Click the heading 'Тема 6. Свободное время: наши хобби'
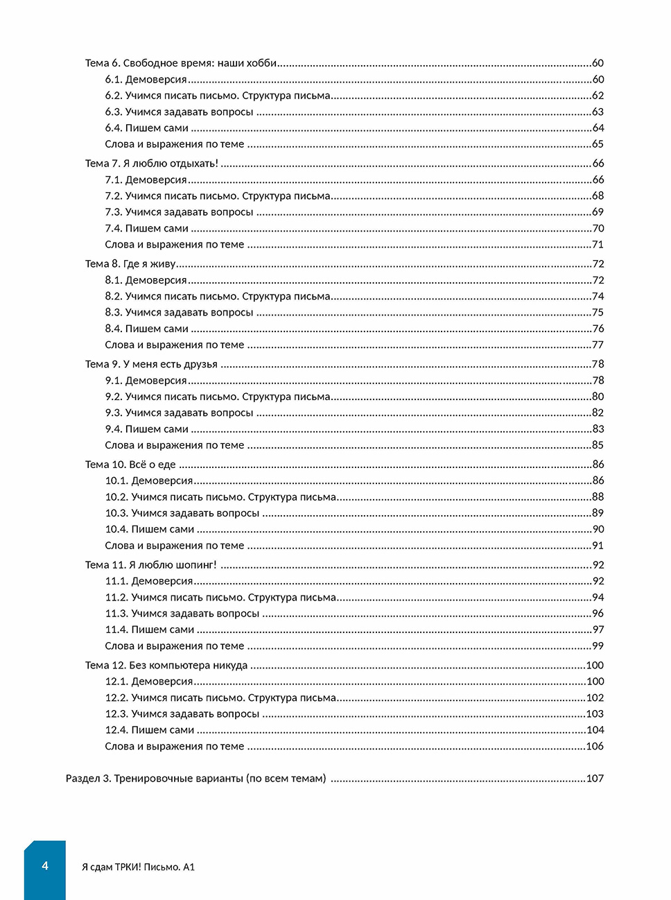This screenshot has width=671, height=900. click(x=180, y=63)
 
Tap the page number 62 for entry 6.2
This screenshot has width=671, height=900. click(x=598, y=96)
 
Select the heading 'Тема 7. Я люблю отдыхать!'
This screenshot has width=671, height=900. click(x=151, y=164)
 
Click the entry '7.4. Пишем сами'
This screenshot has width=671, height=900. click(x=146, y=228)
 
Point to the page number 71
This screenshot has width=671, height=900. click(x=598, y=245)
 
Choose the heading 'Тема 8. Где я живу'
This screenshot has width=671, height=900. click(x=130, y=264)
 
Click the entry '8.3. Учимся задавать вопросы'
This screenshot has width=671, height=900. click(x=179, y=313)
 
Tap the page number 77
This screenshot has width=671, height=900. click(x=598, y=345)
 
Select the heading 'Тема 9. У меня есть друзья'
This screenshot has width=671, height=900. click(x=151, y=364)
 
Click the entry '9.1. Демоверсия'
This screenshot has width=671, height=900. click(x=146, y=381)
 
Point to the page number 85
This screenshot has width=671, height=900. click(x=598, y=445)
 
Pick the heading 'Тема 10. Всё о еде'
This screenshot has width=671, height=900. click(x=130, y=465)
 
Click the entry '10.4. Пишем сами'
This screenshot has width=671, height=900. click(x=149, y=529)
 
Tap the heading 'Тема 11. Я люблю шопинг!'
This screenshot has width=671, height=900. click(x=150, y=565)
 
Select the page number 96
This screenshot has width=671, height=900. click(x=598, y=614)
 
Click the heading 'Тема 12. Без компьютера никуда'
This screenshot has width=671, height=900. click(x=166, y=666)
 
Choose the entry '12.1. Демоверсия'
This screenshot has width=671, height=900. click(x=148, y=682)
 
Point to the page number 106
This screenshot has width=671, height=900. click(x=595, y=747)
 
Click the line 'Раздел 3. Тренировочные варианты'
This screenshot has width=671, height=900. click(x=195, y=779)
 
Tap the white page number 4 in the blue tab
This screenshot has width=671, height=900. click(x=45, y=866)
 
